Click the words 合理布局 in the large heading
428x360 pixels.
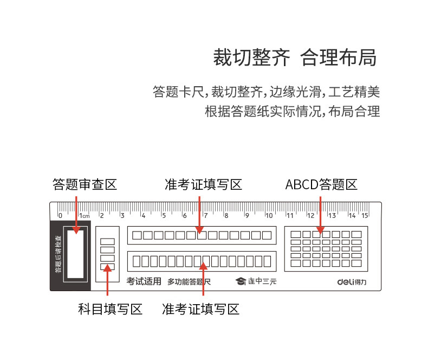coord(338,57)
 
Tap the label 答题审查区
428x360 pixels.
coord(85,184)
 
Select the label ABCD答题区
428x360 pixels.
coord(321,184)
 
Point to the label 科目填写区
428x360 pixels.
coord(110,309)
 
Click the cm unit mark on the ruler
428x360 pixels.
coord(86,216)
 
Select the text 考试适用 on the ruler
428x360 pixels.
coord(144,281)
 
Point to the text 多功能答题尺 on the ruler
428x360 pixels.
coord(189,282)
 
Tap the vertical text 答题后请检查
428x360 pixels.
coord(57,253)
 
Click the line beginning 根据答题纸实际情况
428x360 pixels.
coord(293,112)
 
